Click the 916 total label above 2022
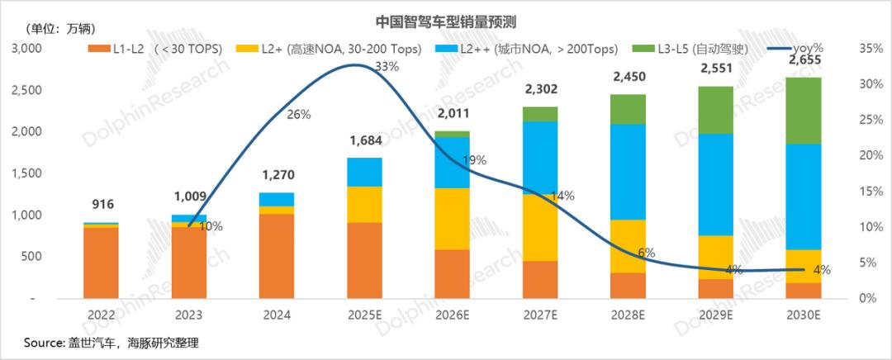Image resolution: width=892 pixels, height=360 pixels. coord(102,205)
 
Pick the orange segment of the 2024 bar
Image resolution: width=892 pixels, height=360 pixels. coord(277,255)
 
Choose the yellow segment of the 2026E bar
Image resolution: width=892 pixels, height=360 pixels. coord(452,219)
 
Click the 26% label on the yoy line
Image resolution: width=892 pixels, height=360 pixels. coord(298,115)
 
